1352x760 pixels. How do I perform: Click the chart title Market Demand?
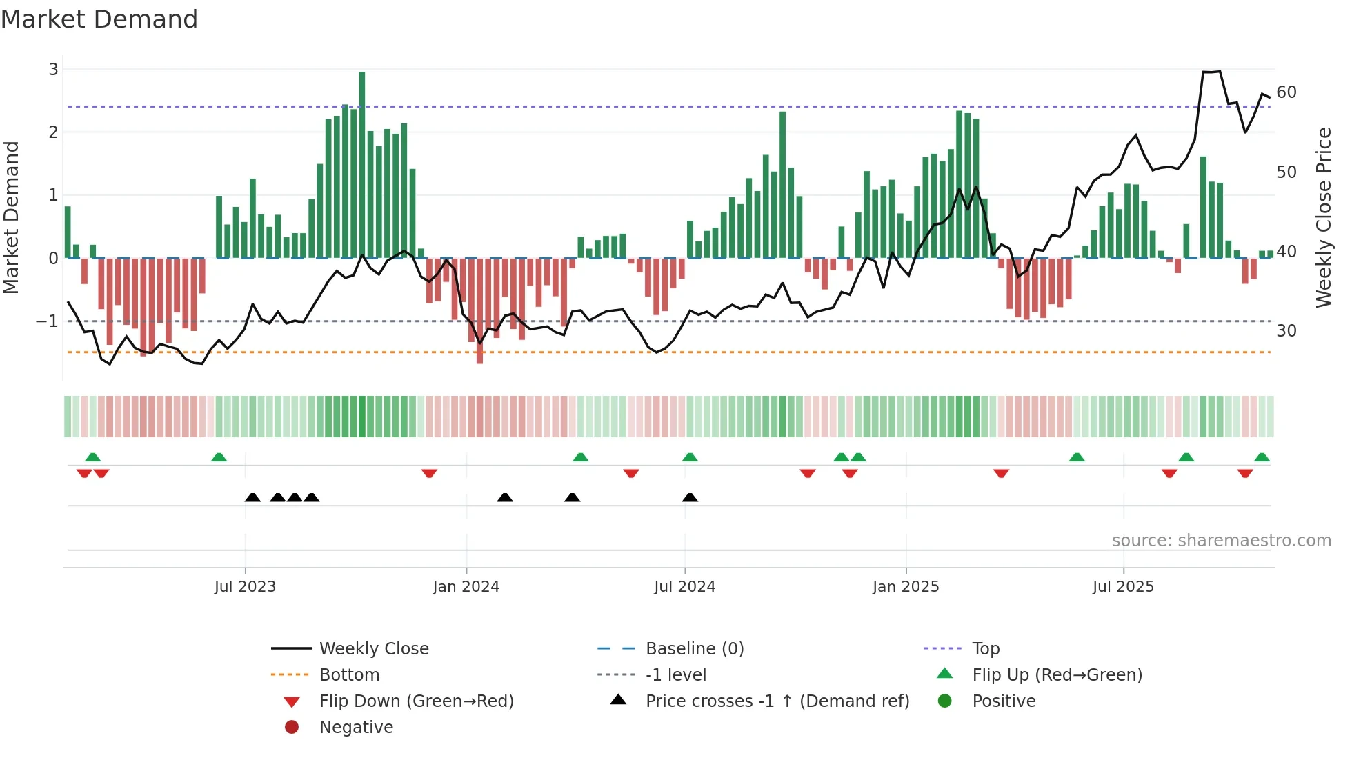pyautogui.click(x=99, y=19)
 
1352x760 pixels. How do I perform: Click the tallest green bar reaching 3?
pyautogui.click(x=362, y=166)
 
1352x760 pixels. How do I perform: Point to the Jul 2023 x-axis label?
pyautogui.click(x=245, y=587)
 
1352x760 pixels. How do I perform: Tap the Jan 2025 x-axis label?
pyautogui.click(x=905, y=587)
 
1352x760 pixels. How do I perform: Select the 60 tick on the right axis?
pyautogui.click(x=1286, y=92)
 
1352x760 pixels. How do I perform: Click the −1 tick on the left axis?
pyautogui.click(x=47, y=321)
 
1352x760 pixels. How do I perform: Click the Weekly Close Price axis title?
pyautogui.click(x=1323, y=217)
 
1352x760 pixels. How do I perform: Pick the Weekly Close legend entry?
pyautogui.click(x=373, y=649)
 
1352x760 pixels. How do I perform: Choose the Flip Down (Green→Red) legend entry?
pyautogui.click(x=416, y=701)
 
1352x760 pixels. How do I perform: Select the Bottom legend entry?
pyautogui.click(x=349, y=675)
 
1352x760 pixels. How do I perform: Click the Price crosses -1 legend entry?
pyautogui.click(x=777, y=701)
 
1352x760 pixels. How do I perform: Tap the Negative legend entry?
pyautogui.click(x=356, y=728)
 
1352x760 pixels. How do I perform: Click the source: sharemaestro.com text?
pyautogui.click(x=1221, y=541)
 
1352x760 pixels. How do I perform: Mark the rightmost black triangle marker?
pyautogui.click(x=690, y=497)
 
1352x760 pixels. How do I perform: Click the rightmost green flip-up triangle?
pyautogui.click(x=1262, y=457)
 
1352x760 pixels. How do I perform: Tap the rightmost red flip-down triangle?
pyautogui.click(x=1245, y=473)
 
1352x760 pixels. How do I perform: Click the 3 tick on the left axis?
pyautogui.click(x=53, y=70)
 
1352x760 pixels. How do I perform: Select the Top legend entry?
pyautogui.click(x=985, y=649)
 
